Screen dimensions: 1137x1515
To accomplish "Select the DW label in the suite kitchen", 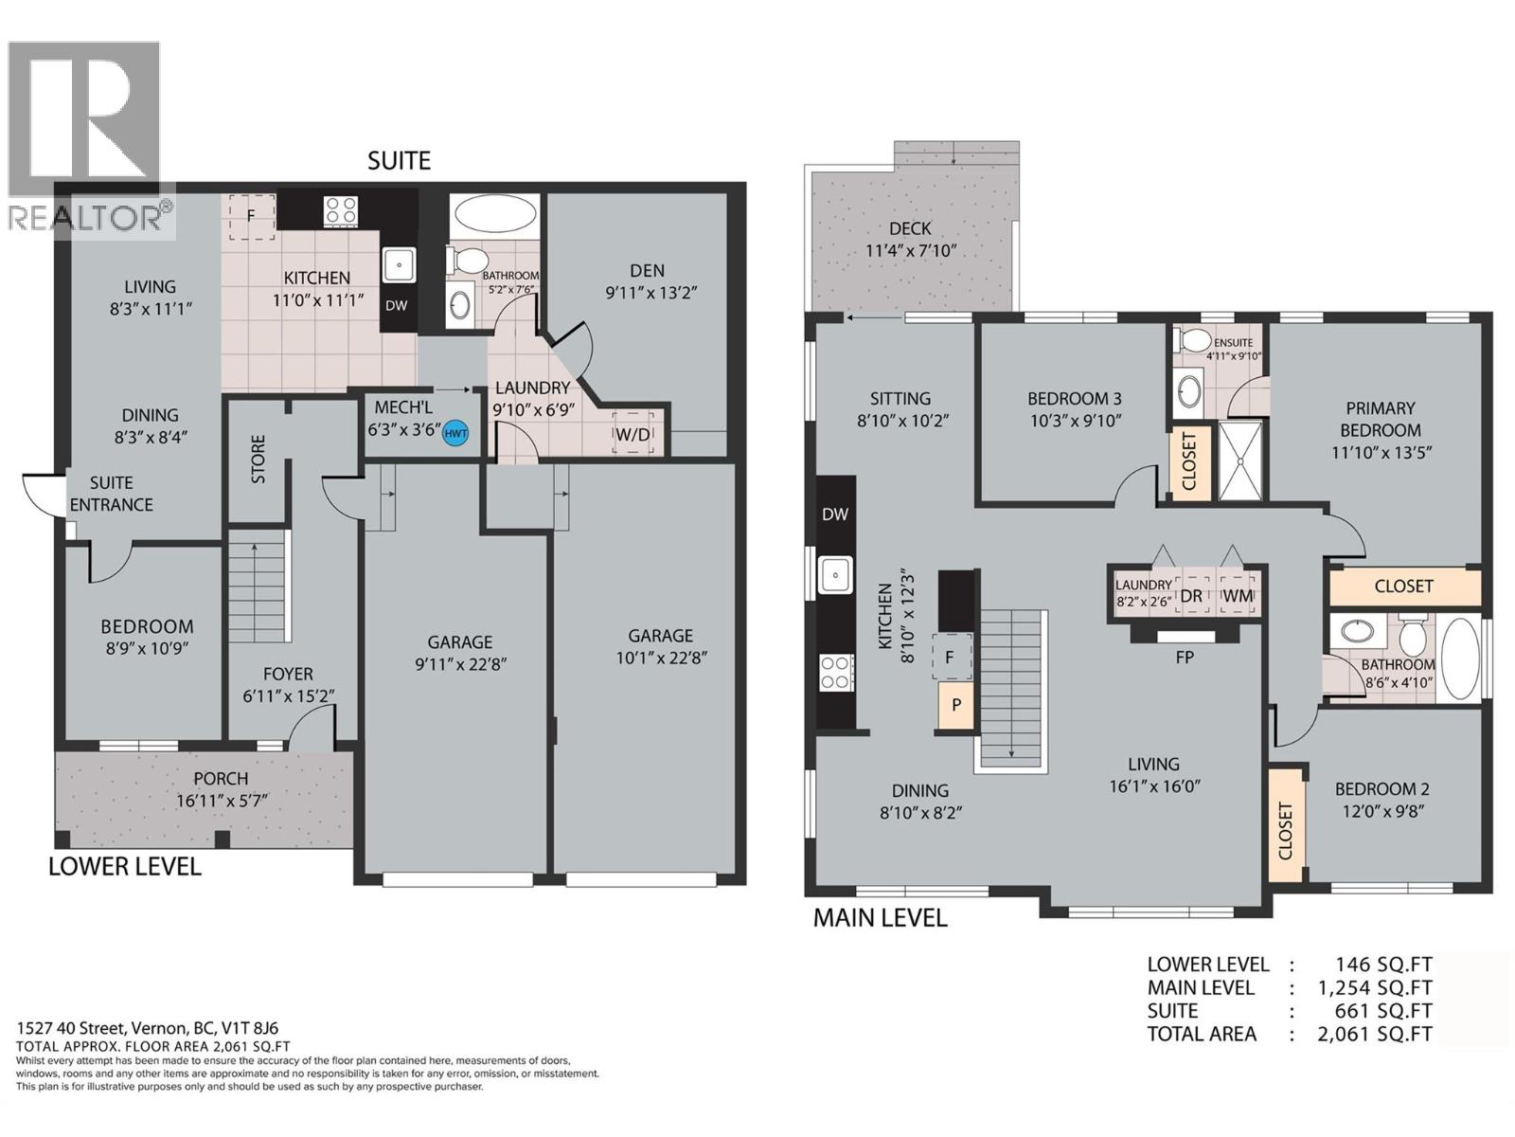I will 396,305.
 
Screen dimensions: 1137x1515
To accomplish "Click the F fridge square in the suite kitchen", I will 251,216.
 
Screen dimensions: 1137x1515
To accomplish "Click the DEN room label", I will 648,271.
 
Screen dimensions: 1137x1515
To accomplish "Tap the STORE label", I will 258,460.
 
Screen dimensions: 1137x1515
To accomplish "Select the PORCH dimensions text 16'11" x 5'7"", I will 223,801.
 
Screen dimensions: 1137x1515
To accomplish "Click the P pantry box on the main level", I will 956,705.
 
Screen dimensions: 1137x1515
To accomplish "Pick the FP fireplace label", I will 1185,657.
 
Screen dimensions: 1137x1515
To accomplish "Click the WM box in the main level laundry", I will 1239,596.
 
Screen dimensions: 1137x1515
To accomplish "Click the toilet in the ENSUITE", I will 1195,340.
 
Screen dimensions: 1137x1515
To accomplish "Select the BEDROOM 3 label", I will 1075,398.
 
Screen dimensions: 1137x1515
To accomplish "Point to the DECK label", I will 910,228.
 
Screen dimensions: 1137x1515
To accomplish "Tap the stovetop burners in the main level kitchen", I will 835,672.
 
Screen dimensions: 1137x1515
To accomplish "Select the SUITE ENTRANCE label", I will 111,493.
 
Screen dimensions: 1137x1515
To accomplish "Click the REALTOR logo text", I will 85,218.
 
